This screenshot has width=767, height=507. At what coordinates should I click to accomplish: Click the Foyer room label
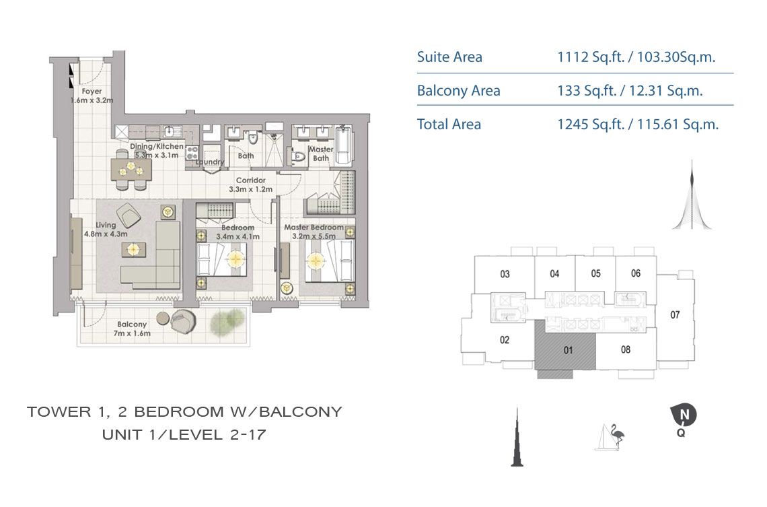tap(92, 95)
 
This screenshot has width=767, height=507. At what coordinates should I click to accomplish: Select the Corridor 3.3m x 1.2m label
tap(250, 184)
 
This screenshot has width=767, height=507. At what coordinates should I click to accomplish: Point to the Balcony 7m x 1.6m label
tap(131, 328)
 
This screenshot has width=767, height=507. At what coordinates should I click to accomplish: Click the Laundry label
tap(209, 162)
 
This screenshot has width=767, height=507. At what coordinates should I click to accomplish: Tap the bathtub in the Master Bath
tap(343, 145)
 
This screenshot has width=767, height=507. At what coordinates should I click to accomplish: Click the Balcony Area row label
tap(458, 91)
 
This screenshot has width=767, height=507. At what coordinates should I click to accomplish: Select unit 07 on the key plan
tap(676, 314)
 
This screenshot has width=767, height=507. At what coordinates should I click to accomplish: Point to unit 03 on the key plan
tap(505, 274)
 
